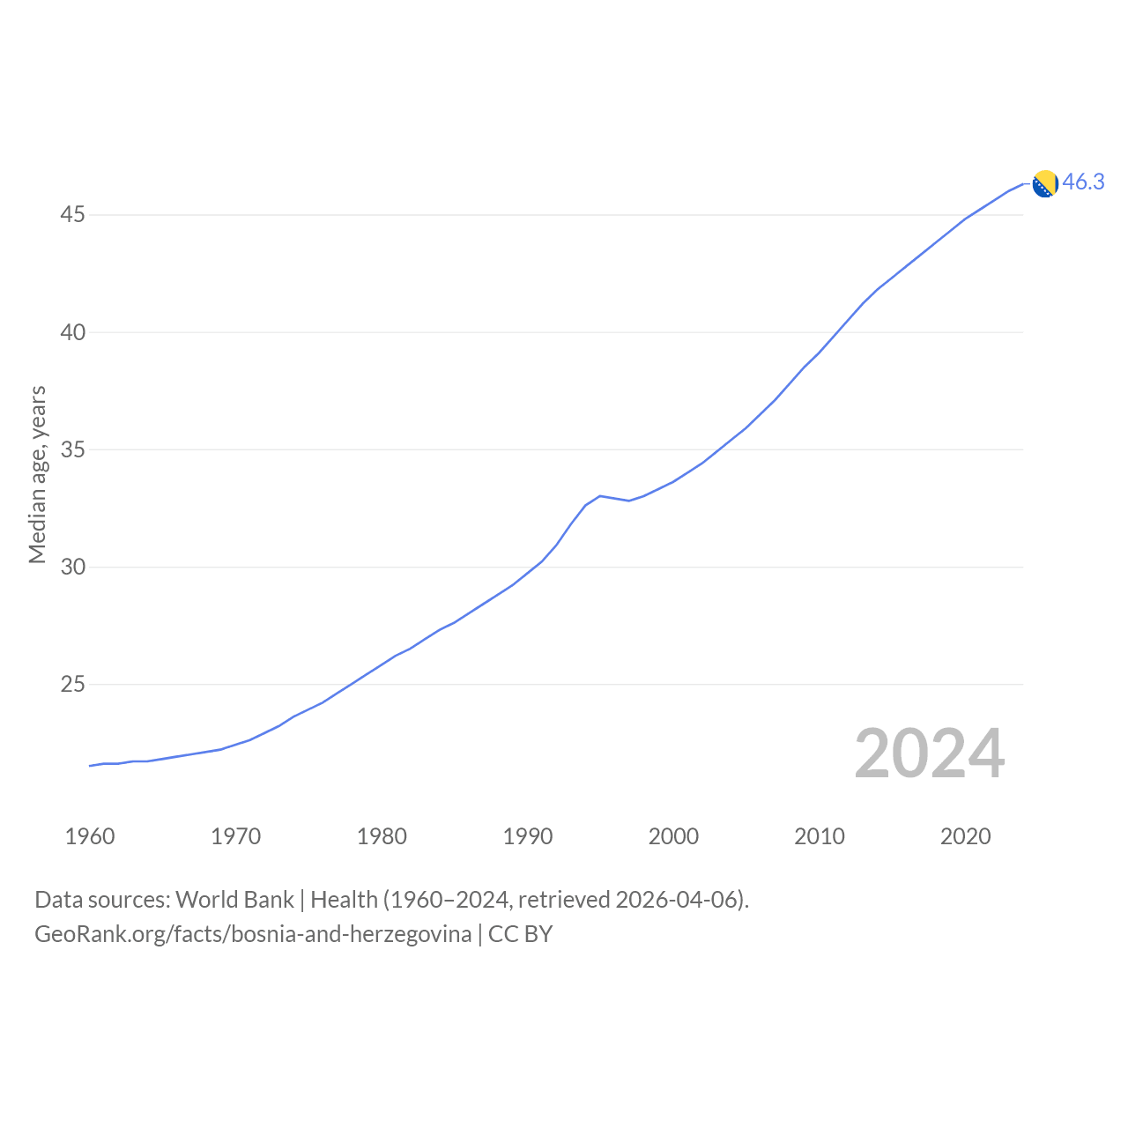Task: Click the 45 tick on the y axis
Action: point(72,215)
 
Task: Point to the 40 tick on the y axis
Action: point(72,332)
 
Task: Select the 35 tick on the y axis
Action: point(72,449)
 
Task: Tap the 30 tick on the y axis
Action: point(72,567)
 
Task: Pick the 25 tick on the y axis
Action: point(72,684)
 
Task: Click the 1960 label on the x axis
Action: point(90,836)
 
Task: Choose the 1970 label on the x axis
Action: point(235,836)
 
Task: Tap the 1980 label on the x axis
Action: point(382,836)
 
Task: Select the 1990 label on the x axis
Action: point(527,836)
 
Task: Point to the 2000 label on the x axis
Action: point(673,836)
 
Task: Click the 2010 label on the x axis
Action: point(819,836)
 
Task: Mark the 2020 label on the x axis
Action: point(965,836)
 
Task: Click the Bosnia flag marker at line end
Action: point(1045,184)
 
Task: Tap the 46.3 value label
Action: point(1083,182)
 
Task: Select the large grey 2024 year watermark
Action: point(929,753)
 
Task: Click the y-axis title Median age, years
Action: point(38,475)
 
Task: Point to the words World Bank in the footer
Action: point(234,900)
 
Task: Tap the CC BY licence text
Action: point(521,934)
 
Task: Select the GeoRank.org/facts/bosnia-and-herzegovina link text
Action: point(253,934)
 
